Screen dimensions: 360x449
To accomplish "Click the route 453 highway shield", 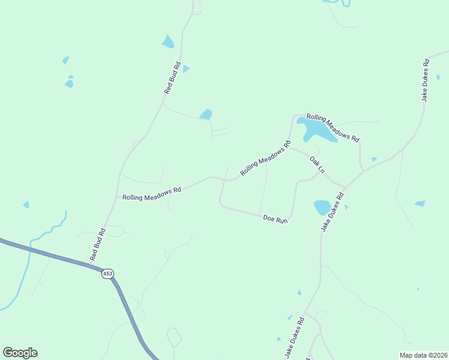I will click(107, 274).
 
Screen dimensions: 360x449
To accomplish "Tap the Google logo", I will click(20, 353).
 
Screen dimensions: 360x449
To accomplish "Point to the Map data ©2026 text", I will click(423, 355).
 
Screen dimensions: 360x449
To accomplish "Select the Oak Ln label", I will click(317, 165).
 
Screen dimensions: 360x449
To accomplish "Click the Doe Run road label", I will click(276, 220).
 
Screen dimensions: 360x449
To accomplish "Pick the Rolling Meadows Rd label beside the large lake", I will click(333, 127).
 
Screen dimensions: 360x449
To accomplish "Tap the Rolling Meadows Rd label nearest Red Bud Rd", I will click(151, 193).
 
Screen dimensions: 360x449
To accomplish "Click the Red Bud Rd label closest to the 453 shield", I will click(98, 244).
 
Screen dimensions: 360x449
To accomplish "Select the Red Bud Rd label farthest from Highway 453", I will click(173, 77).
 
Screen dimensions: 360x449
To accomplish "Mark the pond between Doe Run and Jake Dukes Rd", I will click(322, 208).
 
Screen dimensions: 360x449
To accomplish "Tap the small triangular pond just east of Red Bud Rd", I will click(186, 69).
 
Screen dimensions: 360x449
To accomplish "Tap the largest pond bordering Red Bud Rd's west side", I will click(167, 41).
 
